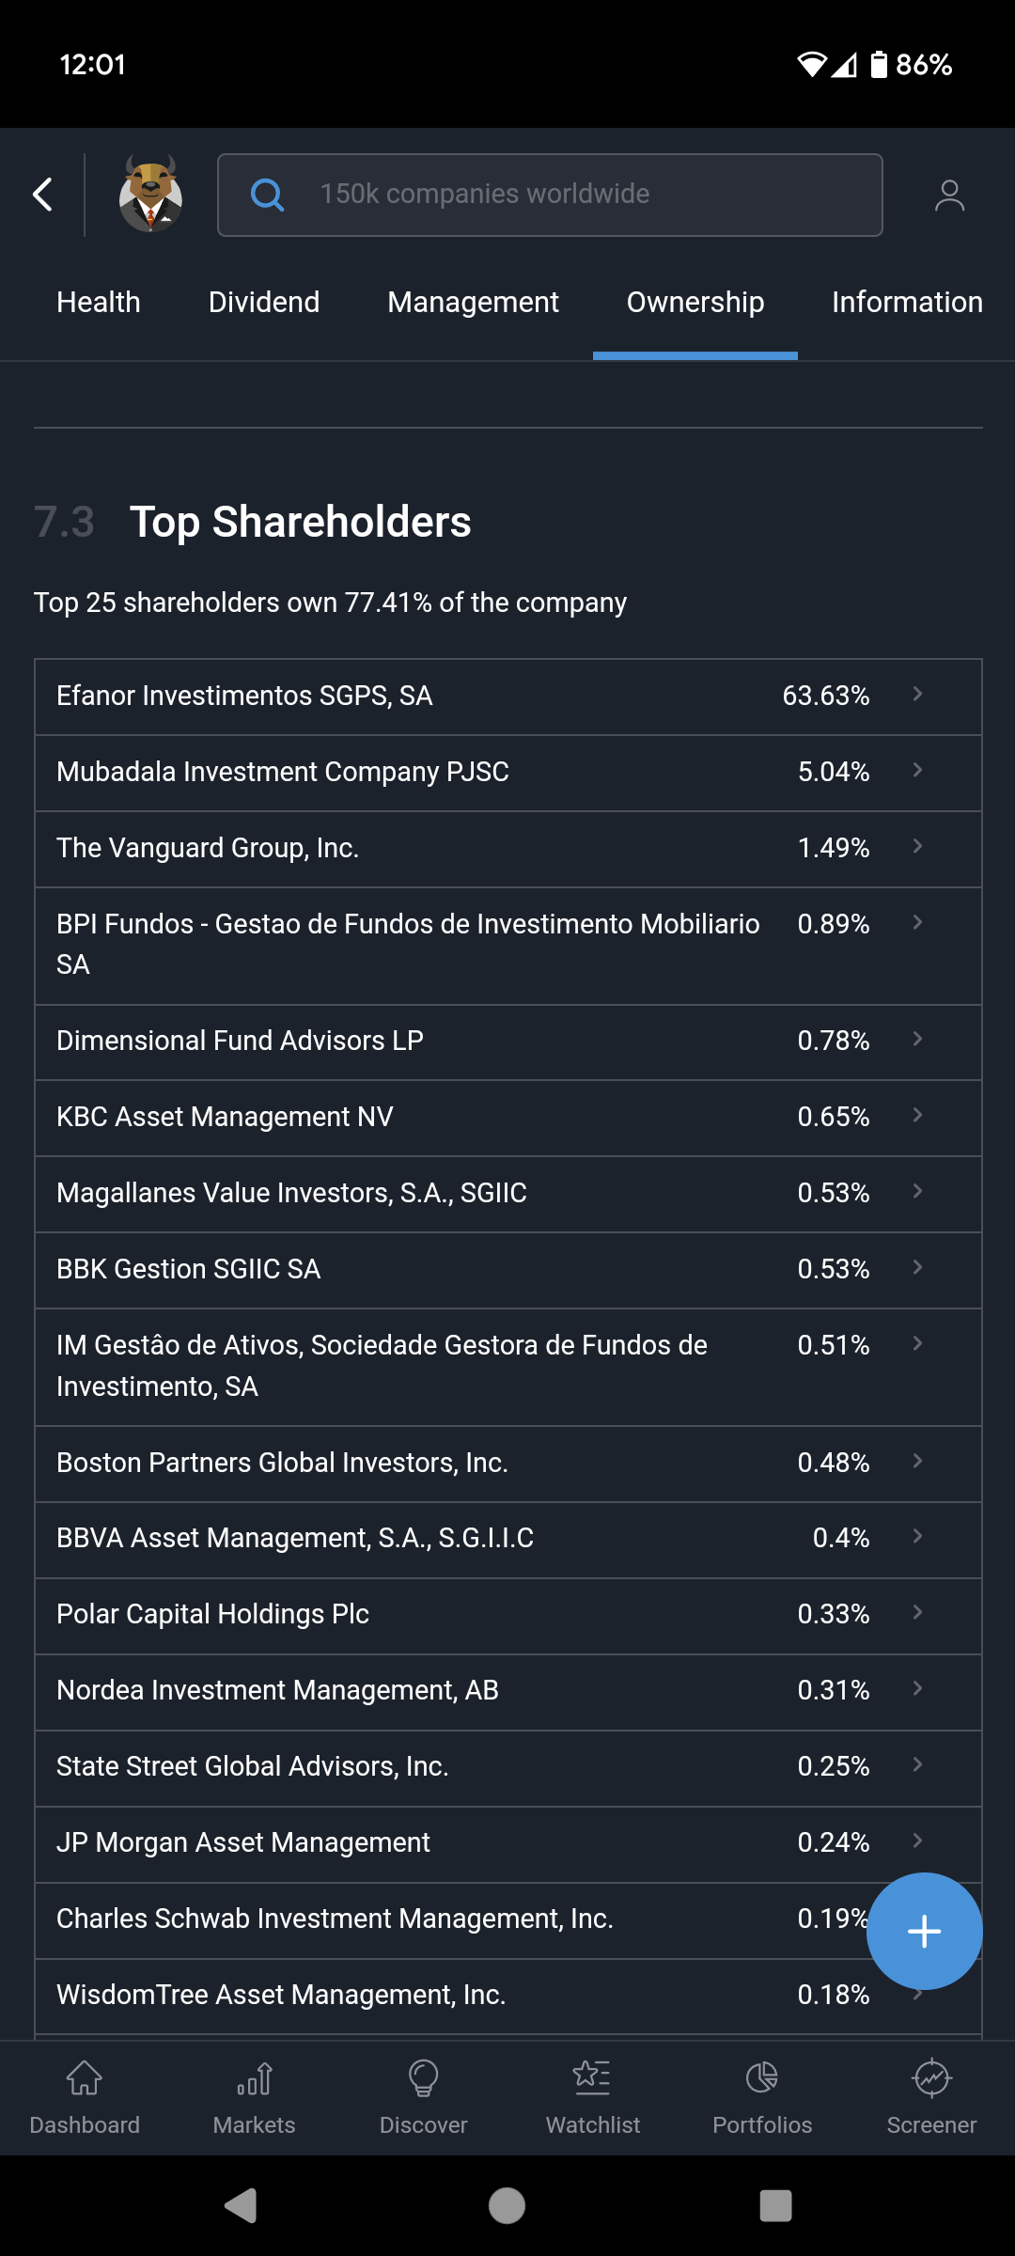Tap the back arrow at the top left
pyautogui.click(x=43, y=195)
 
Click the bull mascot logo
pyautogui.click(x=150, y=195)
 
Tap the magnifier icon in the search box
pyautogui.click(x=267, y=195)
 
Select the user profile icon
pyautogui.click(x=949, y=195)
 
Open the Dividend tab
pyautogui.click(x=264, y=302)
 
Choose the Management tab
pyautogui.click(x=473, y=302)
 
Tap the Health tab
pyautogui.click(x=99, y=302)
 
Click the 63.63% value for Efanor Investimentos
pyautogui.click(x=826, y=696)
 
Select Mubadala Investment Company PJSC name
pyautogui.click(x=283, y=772)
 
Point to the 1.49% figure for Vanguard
pyautogui.click(x=834, y=848)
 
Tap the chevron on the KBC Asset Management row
pyautogui.click(x=917, y=1116)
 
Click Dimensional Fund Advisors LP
pyautogui.click(x=240, y=1041)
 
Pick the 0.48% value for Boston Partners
pyautogui.click(x=834, y=1463)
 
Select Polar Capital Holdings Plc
pyautogui.click(x=212, y=1614)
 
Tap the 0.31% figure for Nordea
pyautogui.click(x=834, y=1690)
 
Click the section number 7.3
pyautogui.click(x=64, y=522)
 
